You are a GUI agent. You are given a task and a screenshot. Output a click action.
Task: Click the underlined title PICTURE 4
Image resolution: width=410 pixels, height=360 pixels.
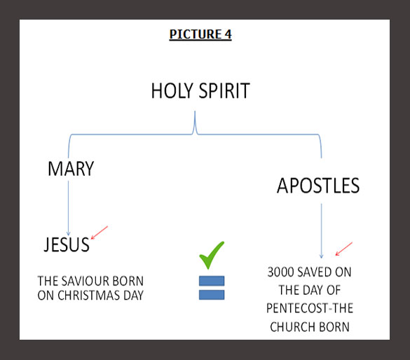coord(200,34)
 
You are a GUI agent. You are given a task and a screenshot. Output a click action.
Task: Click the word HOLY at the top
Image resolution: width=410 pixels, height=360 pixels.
coord(172,90)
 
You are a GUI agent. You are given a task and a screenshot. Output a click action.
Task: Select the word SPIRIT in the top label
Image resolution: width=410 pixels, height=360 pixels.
coord(224,90)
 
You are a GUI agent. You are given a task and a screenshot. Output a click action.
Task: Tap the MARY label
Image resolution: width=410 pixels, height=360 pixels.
coord(71,169)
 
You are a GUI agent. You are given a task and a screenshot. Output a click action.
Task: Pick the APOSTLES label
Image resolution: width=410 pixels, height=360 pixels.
coord(318,186)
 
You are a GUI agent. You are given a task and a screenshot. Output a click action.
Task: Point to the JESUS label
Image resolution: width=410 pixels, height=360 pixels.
coord(67,244)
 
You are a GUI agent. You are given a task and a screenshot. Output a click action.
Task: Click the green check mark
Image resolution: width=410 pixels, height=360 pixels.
coord(212,255)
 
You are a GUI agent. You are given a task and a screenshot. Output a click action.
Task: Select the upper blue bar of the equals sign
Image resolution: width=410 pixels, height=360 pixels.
coord(212,281)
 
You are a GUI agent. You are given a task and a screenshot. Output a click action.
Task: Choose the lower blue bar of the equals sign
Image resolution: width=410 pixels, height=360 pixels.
coord(212,295)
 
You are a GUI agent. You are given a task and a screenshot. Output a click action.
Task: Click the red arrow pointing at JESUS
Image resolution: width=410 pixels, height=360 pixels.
coord(100,233)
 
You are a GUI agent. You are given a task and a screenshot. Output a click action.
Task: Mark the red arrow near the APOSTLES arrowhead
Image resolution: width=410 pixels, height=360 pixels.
coord(344,249)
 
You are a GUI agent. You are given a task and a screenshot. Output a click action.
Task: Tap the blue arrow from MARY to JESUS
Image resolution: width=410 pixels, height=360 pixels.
coord(69,208)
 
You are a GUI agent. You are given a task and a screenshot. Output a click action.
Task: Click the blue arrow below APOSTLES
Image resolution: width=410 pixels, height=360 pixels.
coord(322,231)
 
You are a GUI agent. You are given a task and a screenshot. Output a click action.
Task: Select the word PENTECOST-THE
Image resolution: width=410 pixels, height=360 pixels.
coord(310,308)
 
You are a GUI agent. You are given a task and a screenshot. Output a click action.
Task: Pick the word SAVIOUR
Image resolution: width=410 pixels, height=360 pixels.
coord(83,281)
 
